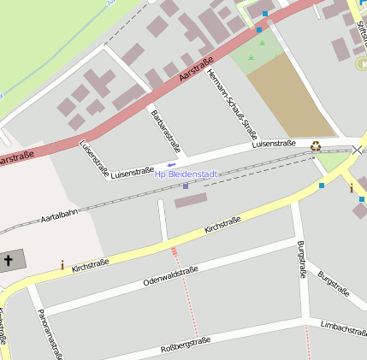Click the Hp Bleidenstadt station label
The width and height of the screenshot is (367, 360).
pyautogui.click(x=186, y=174)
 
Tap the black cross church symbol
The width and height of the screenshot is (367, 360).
pyautogui.click(x=9, y=260)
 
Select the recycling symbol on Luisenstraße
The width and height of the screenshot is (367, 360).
pyautogui.click(x=316, y=146)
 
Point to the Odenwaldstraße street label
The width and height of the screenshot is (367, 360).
pyautogui.click(x=170, y=275)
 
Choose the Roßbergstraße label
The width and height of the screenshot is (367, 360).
pyautogui.click(x=185, y=345)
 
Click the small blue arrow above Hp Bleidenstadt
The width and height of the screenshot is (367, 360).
pyautogui.click(x=171, y=164)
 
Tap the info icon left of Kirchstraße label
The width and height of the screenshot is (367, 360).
pyautogui.click(x=62, y=265)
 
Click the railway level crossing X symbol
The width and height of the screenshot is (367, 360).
pyautogui.click(x=357, y=150)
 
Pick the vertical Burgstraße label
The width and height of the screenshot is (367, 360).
pyautogui.click(x=300, y=260)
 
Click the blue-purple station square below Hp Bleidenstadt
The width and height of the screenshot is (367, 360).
pyautogui.click(x=185, y=186)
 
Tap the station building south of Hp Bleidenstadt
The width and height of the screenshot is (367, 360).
pyautogui.click(x=191, y=200)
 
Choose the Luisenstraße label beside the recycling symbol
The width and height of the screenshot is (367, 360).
pyautogui.click(x=274, y=144)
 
